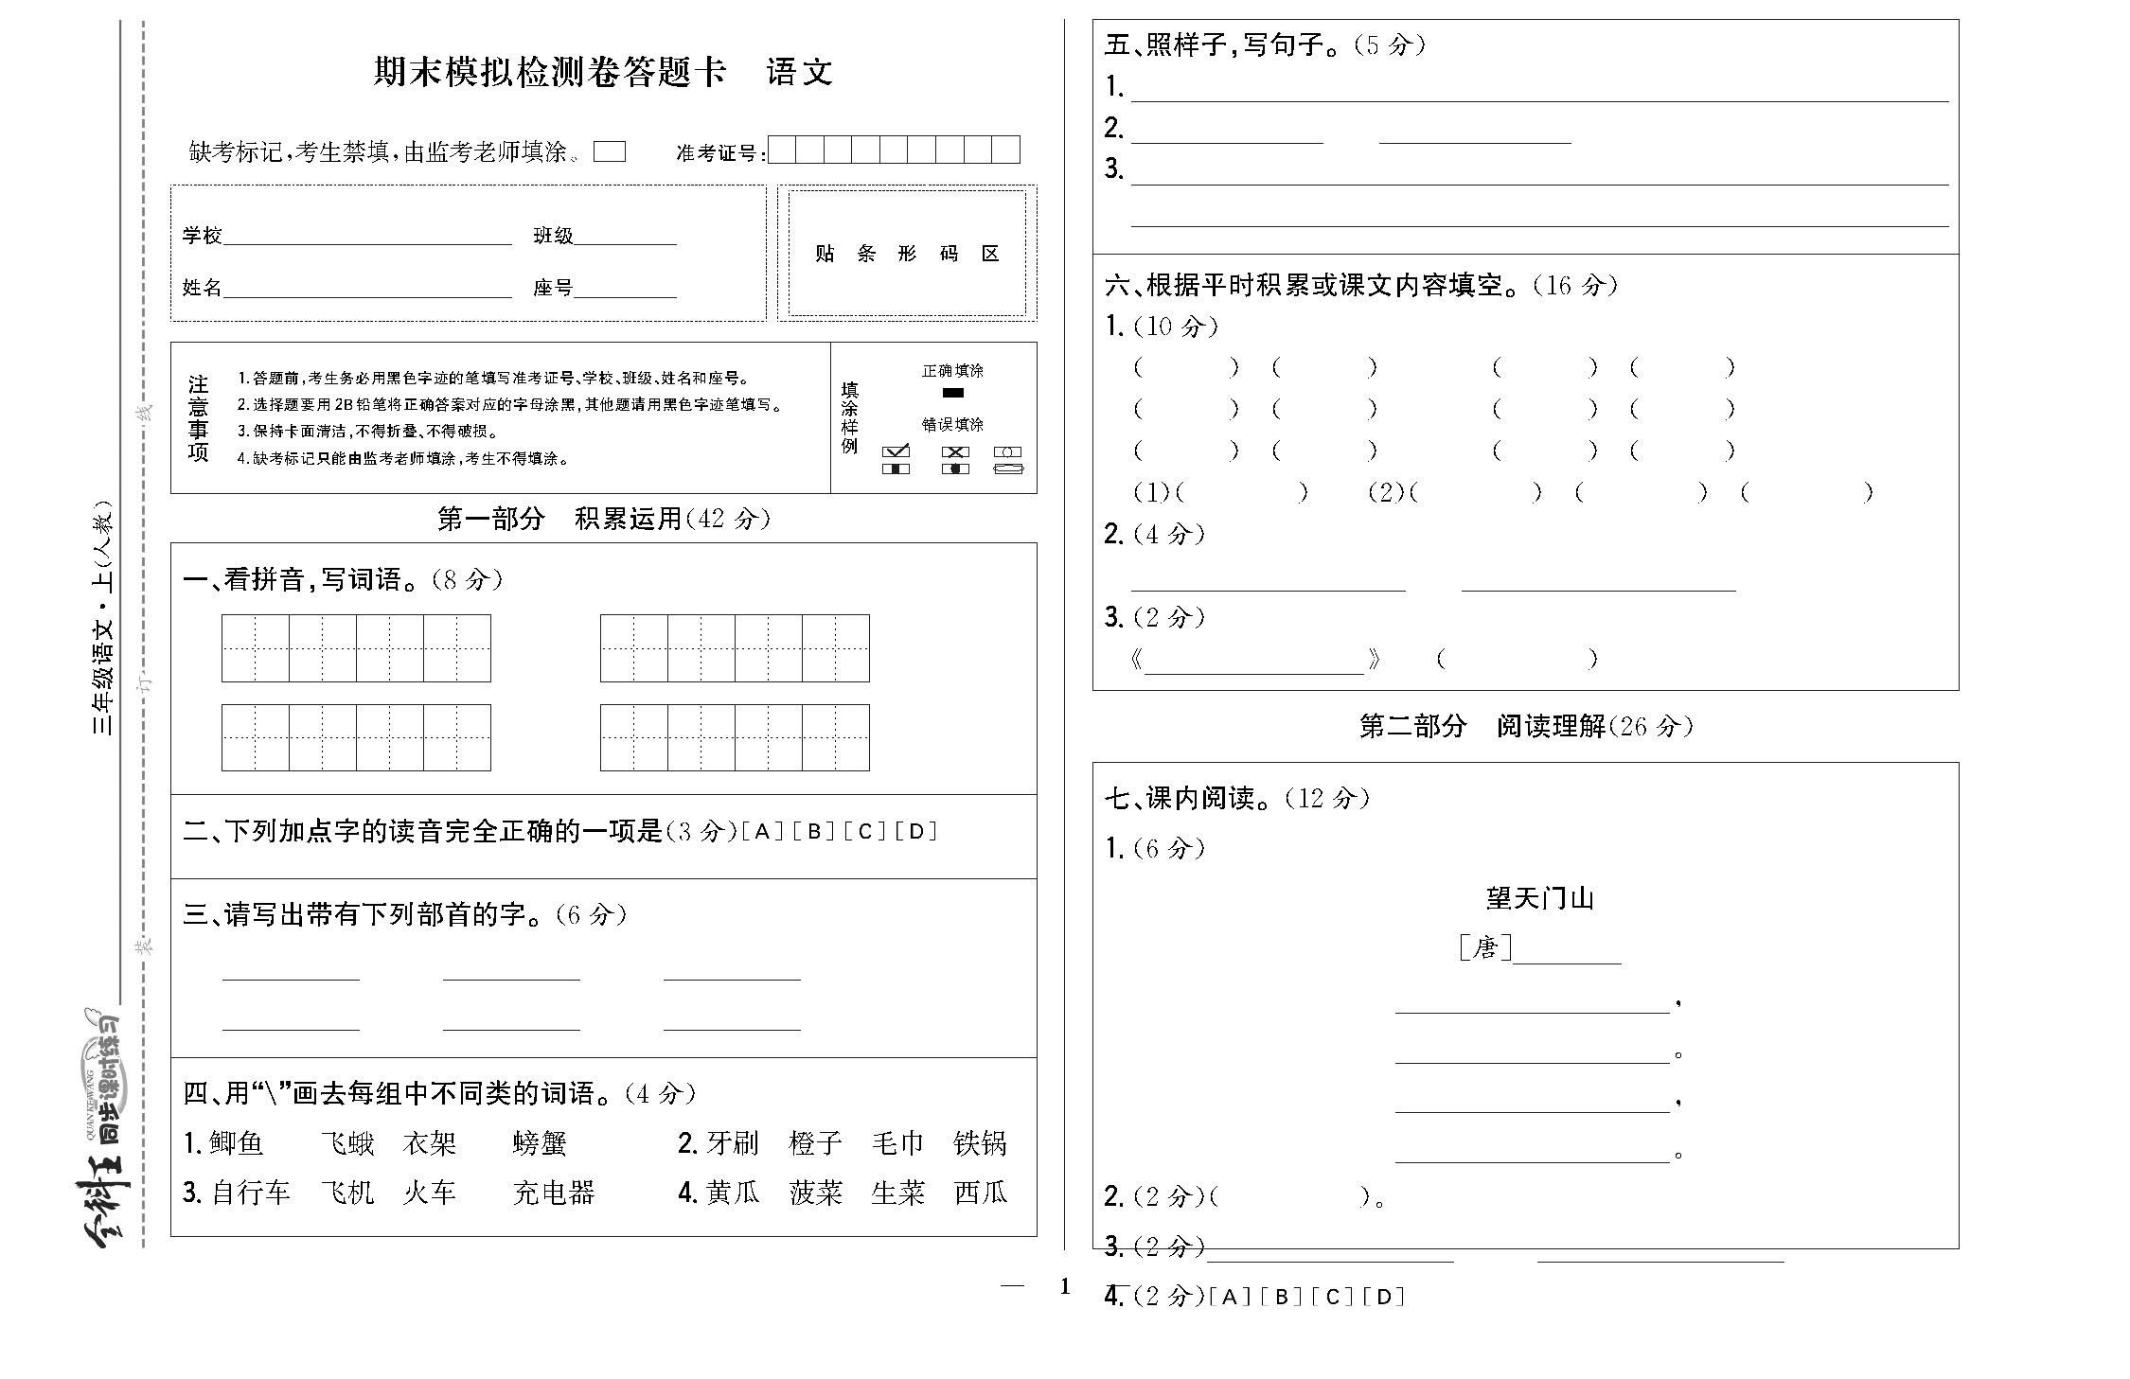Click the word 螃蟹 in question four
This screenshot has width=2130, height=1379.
540,1143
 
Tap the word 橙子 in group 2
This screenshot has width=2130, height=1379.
815,1143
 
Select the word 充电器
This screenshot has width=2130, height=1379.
554,1193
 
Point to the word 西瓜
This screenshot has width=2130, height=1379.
981,1193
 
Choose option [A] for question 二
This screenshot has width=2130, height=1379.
762,832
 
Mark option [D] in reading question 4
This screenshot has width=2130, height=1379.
1383,1297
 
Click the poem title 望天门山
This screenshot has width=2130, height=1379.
1539,898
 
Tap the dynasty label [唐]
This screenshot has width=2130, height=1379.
1484,947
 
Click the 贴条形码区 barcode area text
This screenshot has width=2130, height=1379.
907,254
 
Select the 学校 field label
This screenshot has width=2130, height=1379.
202,236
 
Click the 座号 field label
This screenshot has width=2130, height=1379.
553,288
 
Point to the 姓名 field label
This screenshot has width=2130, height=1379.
202,288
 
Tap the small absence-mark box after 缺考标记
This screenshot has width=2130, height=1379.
610,151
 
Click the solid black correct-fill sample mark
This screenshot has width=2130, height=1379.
952,393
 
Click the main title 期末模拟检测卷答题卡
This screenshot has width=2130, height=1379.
549,72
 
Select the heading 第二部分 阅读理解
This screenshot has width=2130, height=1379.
1525,726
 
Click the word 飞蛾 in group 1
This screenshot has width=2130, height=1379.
347,1143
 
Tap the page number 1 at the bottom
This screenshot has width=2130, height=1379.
1064,1286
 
